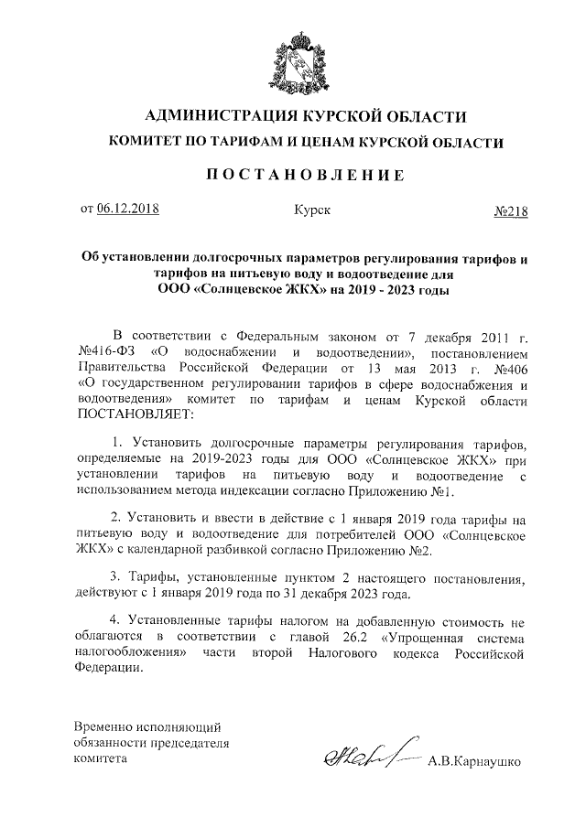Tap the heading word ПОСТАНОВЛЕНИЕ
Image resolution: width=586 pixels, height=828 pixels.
(293, 176)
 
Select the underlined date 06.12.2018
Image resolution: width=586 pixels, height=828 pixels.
(127, 210)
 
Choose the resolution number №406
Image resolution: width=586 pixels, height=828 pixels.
(510, 369)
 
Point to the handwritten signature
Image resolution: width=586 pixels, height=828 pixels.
(358, 755)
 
